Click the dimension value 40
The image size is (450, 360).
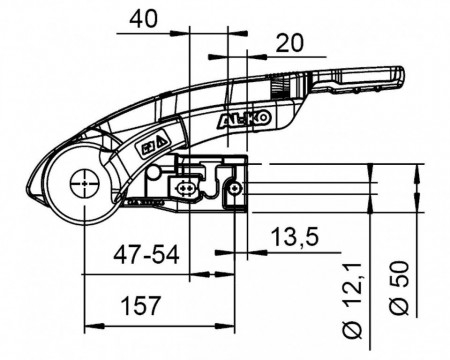tap(143, 19)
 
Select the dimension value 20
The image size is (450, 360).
tap(290, 43)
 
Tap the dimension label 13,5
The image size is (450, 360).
tap(295, 236)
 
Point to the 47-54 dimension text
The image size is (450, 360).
tap(146, 255)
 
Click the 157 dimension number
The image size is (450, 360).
tap(140, 305)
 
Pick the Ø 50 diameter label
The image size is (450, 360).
tap(399, 288)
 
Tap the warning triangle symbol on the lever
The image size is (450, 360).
tap(162, 141)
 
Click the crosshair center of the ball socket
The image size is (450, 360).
tap(85, 184)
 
